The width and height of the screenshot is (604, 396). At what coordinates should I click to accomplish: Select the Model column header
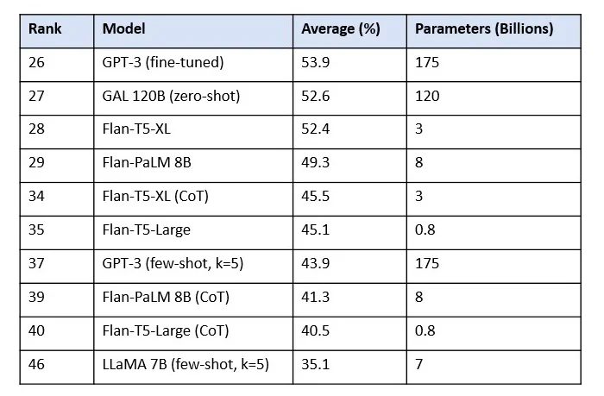tap(124, 29)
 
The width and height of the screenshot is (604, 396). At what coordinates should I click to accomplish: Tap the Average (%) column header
tap(341, 29)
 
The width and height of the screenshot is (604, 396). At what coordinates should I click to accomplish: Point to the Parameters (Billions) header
tap(484, 29)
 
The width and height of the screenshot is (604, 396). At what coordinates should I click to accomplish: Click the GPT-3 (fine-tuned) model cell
tap(162, 63)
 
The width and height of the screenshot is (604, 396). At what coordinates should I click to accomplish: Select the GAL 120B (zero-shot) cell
tap(171, 97)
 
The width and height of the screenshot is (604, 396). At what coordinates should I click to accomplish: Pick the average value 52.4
tap(314, 129)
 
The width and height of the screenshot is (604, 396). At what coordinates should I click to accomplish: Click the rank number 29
tap(37, 163)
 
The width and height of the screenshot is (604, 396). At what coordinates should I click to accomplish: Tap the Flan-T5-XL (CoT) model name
tap(155, 197)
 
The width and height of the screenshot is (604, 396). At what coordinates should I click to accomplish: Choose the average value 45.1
tap(314, 230)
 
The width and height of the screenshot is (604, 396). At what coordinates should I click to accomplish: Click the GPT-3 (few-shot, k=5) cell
tap(173, 263)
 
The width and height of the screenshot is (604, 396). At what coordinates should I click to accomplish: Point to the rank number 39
tap(37, 297)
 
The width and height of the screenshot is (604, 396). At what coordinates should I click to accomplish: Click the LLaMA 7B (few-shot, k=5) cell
tap(186, 364)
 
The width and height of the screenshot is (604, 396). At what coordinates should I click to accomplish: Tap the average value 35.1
tap(314, 364)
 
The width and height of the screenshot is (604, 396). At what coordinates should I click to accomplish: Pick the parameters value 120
tap(427, 97)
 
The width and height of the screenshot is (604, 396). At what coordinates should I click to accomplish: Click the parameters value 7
tap(419, 364)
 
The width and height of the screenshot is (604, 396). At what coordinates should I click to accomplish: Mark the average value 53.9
tap(314, 63)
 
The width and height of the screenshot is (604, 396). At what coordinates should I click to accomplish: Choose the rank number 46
tap(37, 364)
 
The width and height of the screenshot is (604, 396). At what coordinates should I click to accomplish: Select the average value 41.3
tap(314, 297)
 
